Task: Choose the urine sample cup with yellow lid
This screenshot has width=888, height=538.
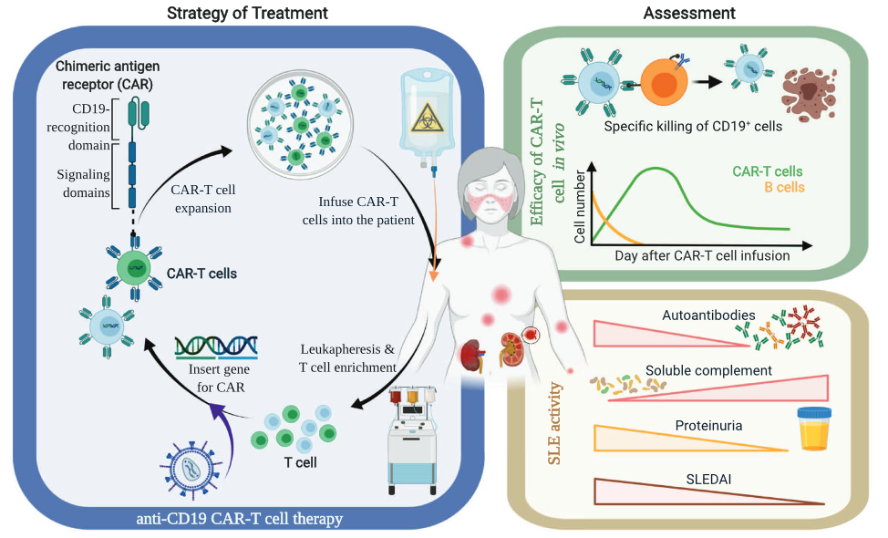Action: tap(817, 428)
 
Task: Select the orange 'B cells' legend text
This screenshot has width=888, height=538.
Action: tap(779, 188)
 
